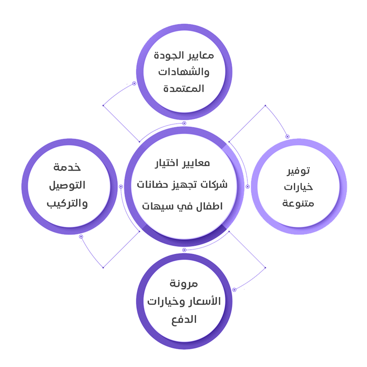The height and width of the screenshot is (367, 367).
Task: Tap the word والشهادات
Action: [x=184, y=72]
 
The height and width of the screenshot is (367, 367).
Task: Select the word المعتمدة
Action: [x=184, y=89]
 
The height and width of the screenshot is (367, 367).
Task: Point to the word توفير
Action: [x=298, y=171]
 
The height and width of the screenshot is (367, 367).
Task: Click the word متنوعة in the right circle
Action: [x=298, y=203]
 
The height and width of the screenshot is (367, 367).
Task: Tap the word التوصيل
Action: [x=67, y=185]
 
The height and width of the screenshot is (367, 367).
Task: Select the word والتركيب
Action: [x=67, y=203]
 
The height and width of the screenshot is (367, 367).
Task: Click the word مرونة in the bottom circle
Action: [x=184, y=284]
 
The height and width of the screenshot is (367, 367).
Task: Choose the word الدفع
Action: [x=184, y=320]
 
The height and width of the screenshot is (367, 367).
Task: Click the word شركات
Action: [x=216, y=185]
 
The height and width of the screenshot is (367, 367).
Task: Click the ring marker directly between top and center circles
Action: [x=184, y=123]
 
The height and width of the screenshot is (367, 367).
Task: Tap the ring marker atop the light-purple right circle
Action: [x=287, y=137]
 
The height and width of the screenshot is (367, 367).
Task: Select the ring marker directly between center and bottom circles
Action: [x=184, y=250]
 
